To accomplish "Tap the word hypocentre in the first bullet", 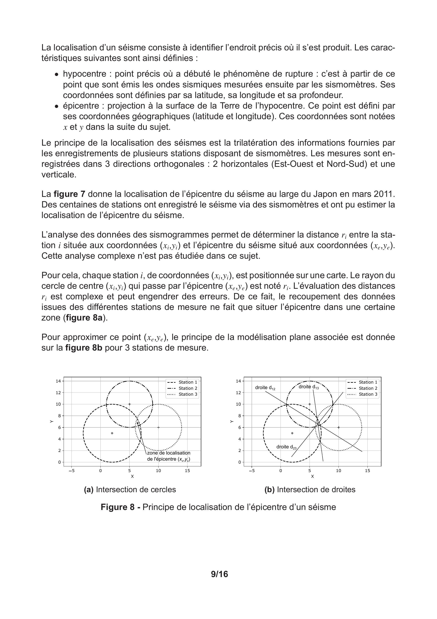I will click(x=85, y=74).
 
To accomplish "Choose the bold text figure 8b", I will click(x=84, y=348).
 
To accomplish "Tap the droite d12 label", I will click(x=265, y=388).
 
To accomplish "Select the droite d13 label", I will click(x=309, y=387).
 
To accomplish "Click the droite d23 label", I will click(x=286, y=447).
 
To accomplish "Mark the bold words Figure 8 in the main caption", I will click(x=117, y=507).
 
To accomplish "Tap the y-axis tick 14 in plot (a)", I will click(x=58, y=381).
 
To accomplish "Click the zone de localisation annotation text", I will click(x=168, y=453).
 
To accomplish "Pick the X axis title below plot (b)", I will click(x=312, y=476).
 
